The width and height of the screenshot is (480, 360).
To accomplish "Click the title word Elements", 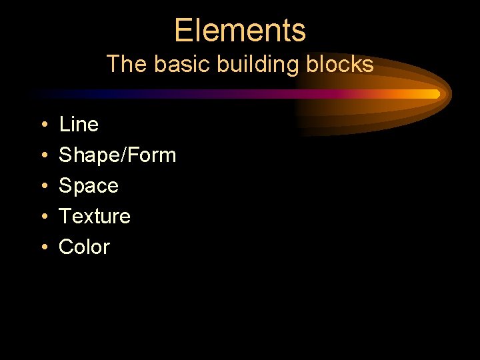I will point(240,31).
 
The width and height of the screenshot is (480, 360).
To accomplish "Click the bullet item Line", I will point(79,124).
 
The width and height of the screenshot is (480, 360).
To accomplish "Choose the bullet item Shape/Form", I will point(117,155).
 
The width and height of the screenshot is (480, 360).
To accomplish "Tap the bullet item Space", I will point(89,185).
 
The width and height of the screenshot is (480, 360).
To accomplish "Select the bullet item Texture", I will point(95,216).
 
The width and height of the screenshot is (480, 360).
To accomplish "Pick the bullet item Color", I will point(84,247).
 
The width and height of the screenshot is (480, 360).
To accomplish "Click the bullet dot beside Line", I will point(43,125).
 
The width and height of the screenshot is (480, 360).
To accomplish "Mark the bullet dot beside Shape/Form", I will point(43,155).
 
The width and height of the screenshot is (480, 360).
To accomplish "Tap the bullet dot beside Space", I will point(43,186).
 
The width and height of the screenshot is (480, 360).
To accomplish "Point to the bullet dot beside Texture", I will point(43,217).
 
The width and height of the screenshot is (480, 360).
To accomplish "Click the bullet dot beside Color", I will point(43,247).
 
